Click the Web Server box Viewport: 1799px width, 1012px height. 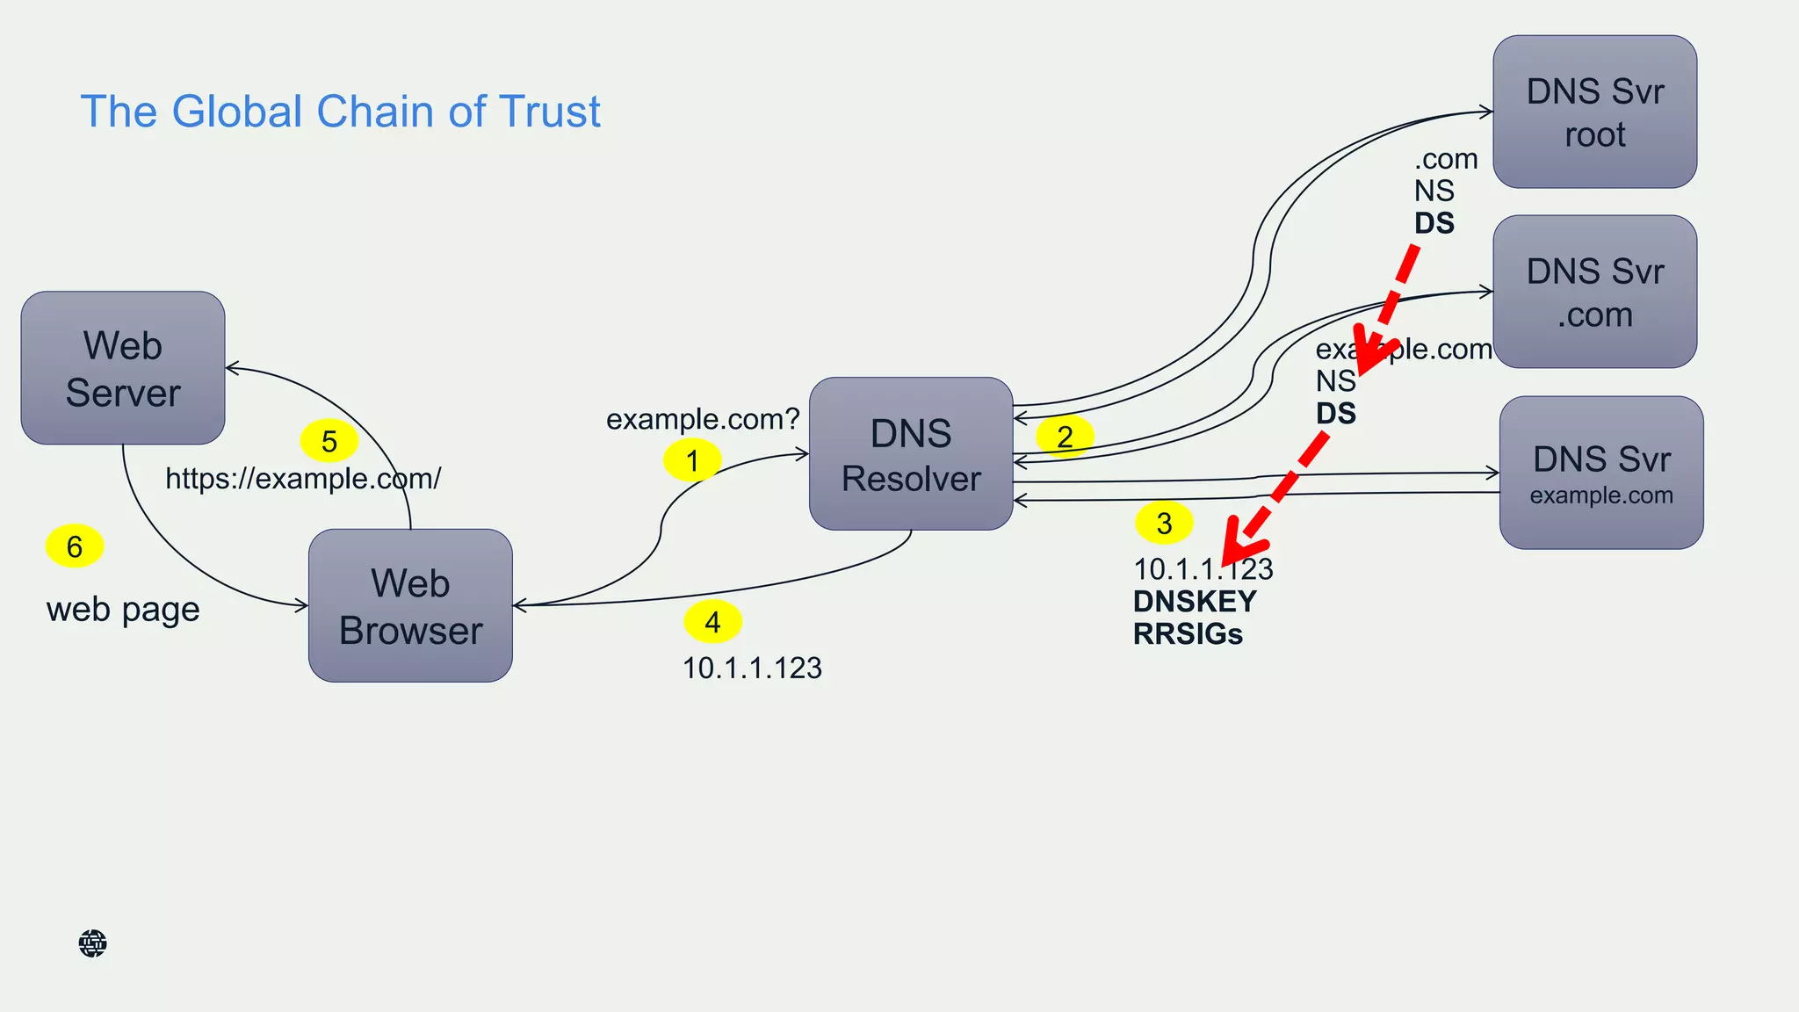pos(123,368)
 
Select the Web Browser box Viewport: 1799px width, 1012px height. pos(410,605)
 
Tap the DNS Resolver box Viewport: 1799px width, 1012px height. pos(911,454)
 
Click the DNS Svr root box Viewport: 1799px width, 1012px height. pos(1594,112)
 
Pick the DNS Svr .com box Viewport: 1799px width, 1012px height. pos(1594,292)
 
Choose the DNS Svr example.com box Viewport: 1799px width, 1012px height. pos(1600,473)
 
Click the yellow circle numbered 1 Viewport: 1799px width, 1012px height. pos(692,460)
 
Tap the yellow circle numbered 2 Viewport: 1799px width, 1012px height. pos(1065,437)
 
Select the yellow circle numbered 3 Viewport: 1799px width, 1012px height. pos(1164,524)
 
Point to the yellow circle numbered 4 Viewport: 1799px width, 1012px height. pos(712,622)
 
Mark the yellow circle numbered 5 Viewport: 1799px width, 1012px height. pos(329,441)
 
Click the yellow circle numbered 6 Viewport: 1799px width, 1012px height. pos(75,546)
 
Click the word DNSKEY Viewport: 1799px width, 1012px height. pos(1195,602)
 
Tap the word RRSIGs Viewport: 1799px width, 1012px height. pos(1188,634)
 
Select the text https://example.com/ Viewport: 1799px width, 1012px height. pos(303,479)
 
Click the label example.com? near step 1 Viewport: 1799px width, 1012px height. pos(703,419)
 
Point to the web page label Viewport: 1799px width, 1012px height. pos(123,610)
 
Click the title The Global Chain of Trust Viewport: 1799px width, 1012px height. pos(340,112)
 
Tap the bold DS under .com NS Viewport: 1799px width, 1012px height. pos(1434,223)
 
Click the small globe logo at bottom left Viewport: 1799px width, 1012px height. pos(92,943)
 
